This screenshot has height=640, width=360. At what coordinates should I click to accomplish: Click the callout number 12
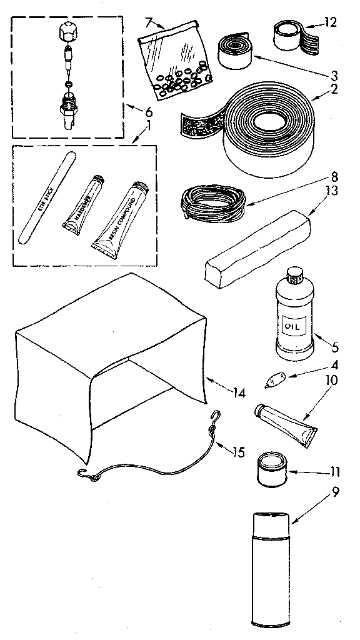[x=331, y=23]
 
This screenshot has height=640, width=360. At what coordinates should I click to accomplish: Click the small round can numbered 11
[x=272, y=469]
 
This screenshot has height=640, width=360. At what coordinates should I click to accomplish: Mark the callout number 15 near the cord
[x=238, y=451]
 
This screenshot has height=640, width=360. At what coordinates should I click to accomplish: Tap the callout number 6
[x=148, y=112]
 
